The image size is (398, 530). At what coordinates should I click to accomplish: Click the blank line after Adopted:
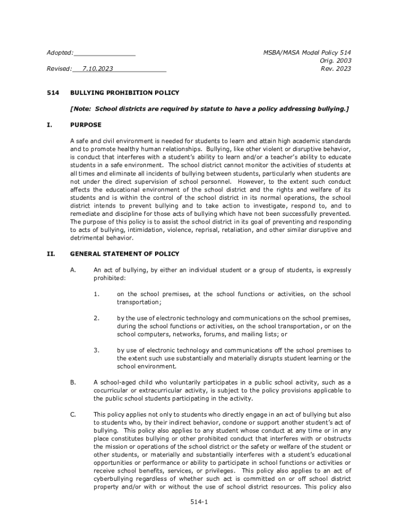tap(105, 53)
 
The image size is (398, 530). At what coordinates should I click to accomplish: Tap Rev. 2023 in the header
tap(336, 69)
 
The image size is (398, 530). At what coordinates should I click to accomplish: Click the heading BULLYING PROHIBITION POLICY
tap(125, 93)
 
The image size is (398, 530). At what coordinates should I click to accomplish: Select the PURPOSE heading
tap(86, 125)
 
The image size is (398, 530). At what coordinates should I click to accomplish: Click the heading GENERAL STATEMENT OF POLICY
tap(125, 254)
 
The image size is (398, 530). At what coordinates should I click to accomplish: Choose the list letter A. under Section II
tap(73, 270)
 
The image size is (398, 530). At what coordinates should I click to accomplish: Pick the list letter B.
tap(73, 382)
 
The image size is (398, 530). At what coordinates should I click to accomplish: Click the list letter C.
tap(73, 415)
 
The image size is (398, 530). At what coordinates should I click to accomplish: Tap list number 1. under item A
tap(96, 294)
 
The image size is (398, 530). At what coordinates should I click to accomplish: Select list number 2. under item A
tap(96, 318)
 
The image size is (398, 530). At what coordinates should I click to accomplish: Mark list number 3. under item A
tap(96, 350)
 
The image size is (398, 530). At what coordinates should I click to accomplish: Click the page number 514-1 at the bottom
tap(199, 502)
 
